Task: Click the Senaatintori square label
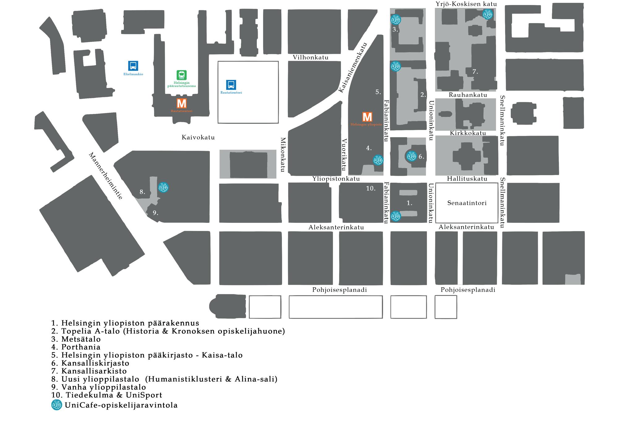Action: click(x=467, y=203)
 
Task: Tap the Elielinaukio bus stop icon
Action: click(x=133, y=66)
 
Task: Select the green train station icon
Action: click(x=182, y=75)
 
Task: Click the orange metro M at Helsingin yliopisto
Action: click(x=367, y=117)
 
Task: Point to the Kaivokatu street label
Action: click(x=198, y=137)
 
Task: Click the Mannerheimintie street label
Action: click(x=106, y=176)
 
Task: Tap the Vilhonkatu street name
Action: click(x=310, y=57)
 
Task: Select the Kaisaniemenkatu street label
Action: click(x=352, y=67)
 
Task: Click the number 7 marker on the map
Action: click(x=475, y=72)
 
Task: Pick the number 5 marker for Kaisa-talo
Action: click(x=378, y=92)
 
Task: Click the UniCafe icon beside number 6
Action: click(x=411, y=156)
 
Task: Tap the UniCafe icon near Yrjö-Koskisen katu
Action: click(x=487, y=14)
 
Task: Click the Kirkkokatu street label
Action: click(x=468, y=133)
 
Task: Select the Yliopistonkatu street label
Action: click(x=336, y=179)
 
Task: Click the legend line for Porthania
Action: click(x=76, y=347)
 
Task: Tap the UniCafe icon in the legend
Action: click(x=57, y=405)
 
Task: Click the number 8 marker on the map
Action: click(x=142, y=192)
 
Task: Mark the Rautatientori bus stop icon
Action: click(x=231, y=85)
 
